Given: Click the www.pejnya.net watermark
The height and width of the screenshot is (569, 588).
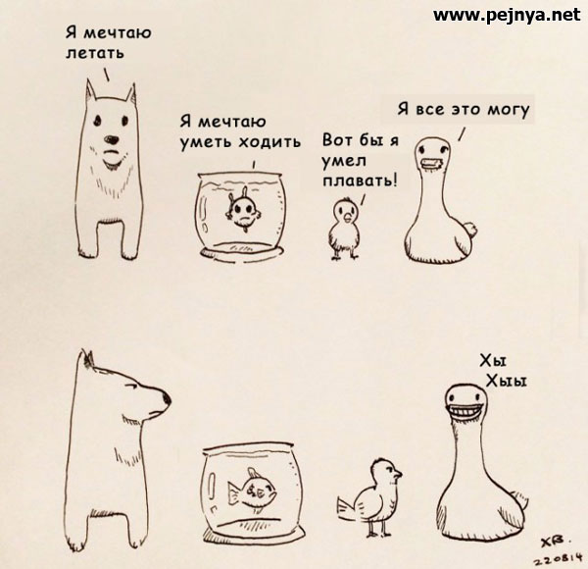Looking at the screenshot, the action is (x=507, y=16).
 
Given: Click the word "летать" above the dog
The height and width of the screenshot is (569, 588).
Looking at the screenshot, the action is (x=95, y=53).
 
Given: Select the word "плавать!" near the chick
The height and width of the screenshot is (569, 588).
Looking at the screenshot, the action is (x=360, y=181).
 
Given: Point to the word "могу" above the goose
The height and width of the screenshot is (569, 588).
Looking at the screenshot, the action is (x=508, y=110).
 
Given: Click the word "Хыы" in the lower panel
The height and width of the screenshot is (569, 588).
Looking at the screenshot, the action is (x=507, y=382).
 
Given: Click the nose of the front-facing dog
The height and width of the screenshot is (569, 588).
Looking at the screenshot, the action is (x=111, y=139).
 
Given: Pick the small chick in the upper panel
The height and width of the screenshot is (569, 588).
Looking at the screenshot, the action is (x=344, y=229).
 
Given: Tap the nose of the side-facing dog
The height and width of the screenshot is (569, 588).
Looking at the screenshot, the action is (x=167, y=398).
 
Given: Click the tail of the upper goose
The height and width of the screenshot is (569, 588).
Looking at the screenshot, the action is (x=468, y=229).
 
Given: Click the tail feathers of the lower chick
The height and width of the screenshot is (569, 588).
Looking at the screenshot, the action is (x=347, y=507).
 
